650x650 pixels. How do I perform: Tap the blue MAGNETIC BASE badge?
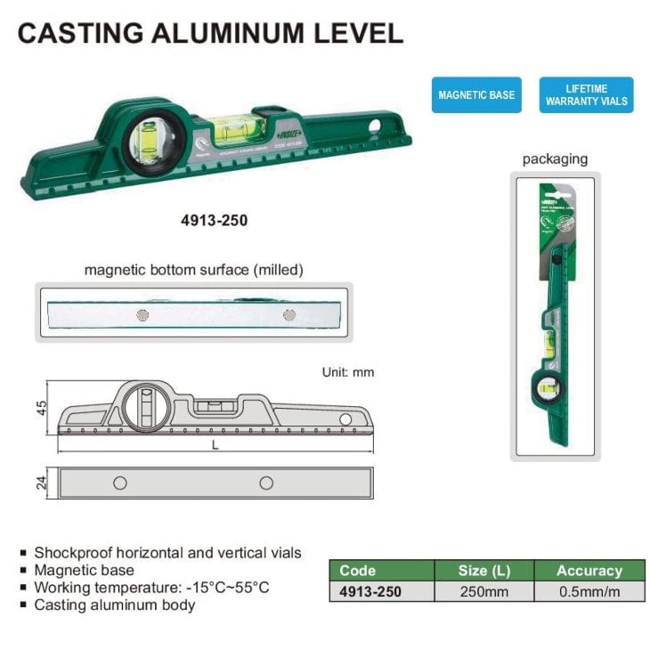pos(476,94)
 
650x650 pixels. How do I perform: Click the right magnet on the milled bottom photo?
pos(288,315)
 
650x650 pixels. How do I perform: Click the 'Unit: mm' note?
pos(348,372)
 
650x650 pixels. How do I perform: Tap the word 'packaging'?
pos(555,159)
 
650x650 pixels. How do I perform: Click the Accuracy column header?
pos(589,571)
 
